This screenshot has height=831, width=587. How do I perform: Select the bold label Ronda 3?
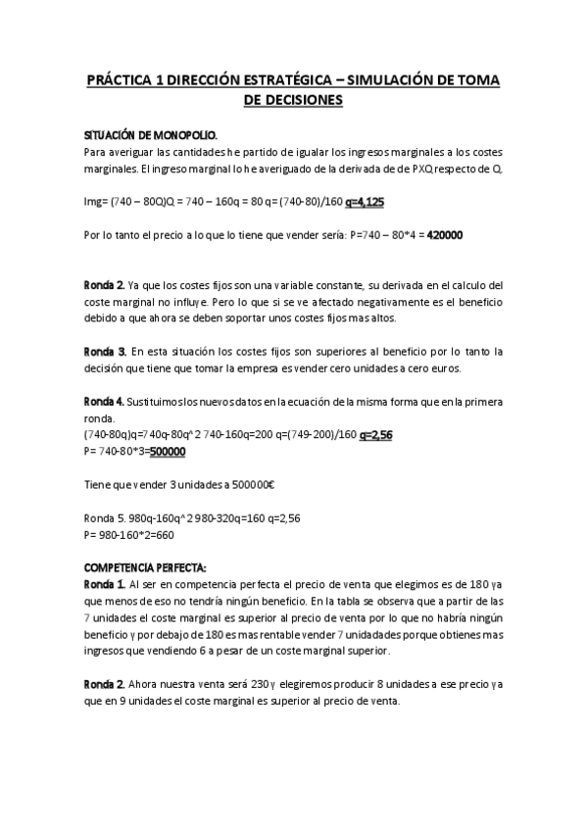(x=106, y=351)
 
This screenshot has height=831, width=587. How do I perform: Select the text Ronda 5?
(x=106, y=518)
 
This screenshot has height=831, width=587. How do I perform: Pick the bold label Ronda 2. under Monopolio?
(x=105, y=284)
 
